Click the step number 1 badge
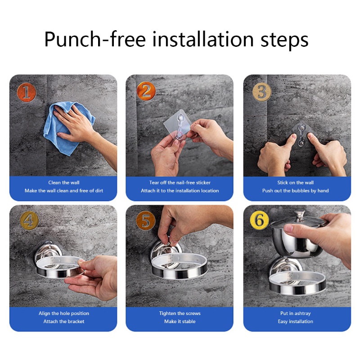click(x=27, y=92)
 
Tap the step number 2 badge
click(x=146, y=91)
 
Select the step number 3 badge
click(x=262, y=92)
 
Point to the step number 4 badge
click(x=29, y=220)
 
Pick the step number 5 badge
click(x=145, y=220)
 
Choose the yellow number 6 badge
click(x=260, y=220)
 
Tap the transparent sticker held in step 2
click(x=177, y=125)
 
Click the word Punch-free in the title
click(x=95, y=40)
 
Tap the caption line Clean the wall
click(x=64, y=183)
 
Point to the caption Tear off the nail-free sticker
click(x=180, y=183)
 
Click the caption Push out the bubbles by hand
click(x=296, y=190)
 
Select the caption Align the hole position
click(x=64, y=313)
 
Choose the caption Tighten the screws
click(x=180, y=313)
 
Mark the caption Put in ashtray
click(x=296, y=313)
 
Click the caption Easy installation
click(x=296, y=321)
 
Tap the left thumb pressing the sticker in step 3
click(x=290, y=141)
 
